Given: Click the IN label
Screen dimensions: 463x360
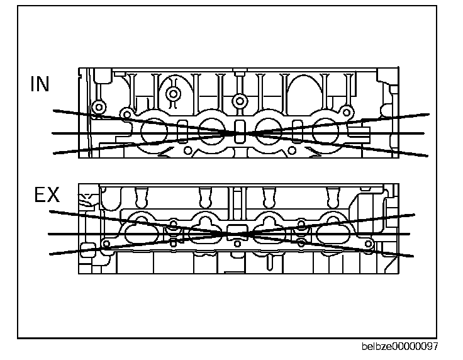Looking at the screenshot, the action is click(40, 84).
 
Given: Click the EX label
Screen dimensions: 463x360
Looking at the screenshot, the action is click(47, 196).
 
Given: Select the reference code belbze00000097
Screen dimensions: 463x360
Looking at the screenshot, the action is click(400, 347).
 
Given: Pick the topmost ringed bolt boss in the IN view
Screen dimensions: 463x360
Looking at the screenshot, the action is click(174, 94).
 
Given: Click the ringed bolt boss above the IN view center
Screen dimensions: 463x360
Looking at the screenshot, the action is click(238, 101).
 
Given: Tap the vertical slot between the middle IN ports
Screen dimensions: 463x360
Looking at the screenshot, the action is click(239, 128).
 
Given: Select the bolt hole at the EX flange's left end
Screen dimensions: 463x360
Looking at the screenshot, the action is click(106, 244).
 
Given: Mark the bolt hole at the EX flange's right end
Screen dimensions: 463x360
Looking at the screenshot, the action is click(369, 243).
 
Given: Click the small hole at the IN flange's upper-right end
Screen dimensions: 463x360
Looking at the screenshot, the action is click(347, 112).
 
